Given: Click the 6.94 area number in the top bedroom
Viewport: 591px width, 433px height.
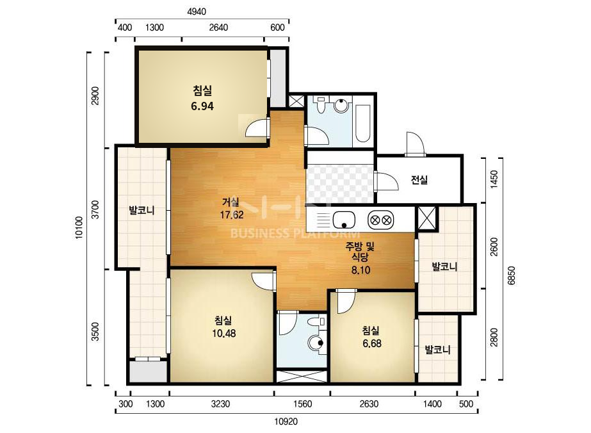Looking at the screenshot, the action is click(x=202, y=106).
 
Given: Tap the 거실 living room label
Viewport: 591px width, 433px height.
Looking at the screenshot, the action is click(x=231, y=202).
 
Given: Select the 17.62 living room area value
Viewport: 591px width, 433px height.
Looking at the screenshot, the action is click(x=232, y=215).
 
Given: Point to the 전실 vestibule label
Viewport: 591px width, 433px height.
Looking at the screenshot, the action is click(x=419, y=180).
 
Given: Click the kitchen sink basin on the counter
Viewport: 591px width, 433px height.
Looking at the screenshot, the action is click(x=344, y=220).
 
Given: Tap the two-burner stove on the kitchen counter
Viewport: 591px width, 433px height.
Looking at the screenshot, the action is click(x=381, y=220).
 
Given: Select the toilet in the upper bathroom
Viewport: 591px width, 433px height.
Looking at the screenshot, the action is click(x=321, y=105).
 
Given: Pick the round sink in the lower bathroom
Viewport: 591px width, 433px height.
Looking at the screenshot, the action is click(x=316, y=343).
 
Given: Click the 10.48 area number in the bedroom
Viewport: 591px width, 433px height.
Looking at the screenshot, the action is click(x=224, y=334).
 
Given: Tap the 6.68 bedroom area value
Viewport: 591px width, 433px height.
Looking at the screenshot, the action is click(x=372, y=343).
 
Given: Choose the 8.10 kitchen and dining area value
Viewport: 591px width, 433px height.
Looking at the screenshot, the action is click(x=360, y=270).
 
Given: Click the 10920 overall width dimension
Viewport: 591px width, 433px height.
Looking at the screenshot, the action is click(x=286, y=422).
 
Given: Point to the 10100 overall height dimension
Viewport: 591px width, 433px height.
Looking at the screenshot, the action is click(x=79, y=227).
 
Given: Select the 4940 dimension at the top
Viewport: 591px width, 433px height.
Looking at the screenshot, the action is click(x=197, y=12).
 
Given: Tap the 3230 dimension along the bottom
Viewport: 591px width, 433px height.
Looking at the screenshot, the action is click(x=220, y=404).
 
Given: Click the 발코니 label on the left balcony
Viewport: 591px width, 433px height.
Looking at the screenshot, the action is click(x=142, y=211).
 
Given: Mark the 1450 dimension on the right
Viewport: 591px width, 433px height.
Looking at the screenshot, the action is click(x=494, y=179).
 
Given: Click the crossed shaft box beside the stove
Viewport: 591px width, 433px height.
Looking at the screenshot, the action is click(x=426, y=218).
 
